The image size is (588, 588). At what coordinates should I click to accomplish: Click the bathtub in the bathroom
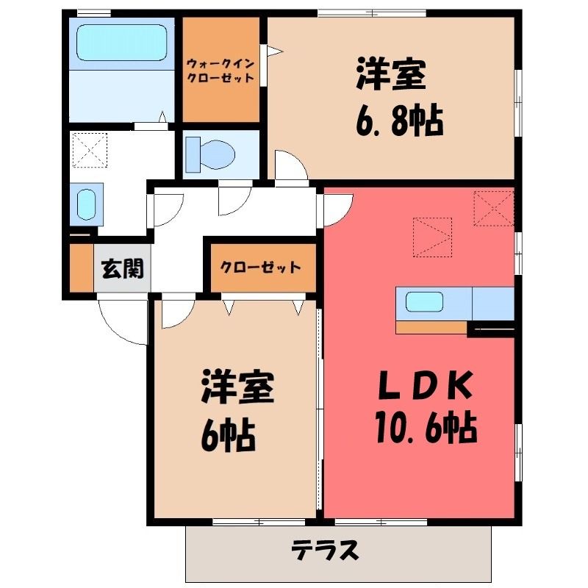pyautogui.click(x=121, y=43)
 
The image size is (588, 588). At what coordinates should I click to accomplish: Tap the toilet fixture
pyautogui.click(x=210, y=154)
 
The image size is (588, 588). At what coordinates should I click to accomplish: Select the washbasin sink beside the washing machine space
pyautogui.click(x=87, y=204)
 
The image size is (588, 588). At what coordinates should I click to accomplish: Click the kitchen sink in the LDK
pyautogui.click(x=424, y=302)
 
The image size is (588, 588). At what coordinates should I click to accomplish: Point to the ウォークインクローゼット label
pyautogui.click(x=221, y=70)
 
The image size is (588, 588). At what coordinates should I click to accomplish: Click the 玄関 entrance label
pyautogui.click(x=123, y=268)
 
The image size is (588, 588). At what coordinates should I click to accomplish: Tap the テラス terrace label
pyautogui.click(x=325, y=551)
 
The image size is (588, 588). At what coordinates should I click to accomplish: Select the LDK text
pyautogui.click(x=424, y=384)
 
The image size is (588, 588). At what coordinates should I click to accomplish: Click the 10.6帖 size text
pyautogui.click(x=426, y=428)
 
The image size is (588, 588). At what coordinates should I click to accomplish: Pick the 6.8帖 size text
pyautogui.click(x=399, y=121)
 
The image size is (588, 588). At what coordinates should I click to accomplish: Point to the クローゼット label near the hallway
pyautogui.click(x=260, y=268)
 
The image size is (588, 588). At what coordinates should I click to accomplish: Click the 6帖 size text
pyautogui.click(x=229, y=436)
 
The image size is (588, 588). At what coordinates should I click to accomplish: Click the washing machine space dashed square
pyautogui.click(x=90, y=150)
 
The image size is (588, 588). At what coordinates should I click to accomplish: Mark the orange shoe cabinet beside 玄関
pyautogui.click(x=82, y=268)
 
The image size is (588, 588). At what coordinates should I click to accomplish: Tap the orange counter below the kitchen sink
pyautogui.click(x=431, y=327)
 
